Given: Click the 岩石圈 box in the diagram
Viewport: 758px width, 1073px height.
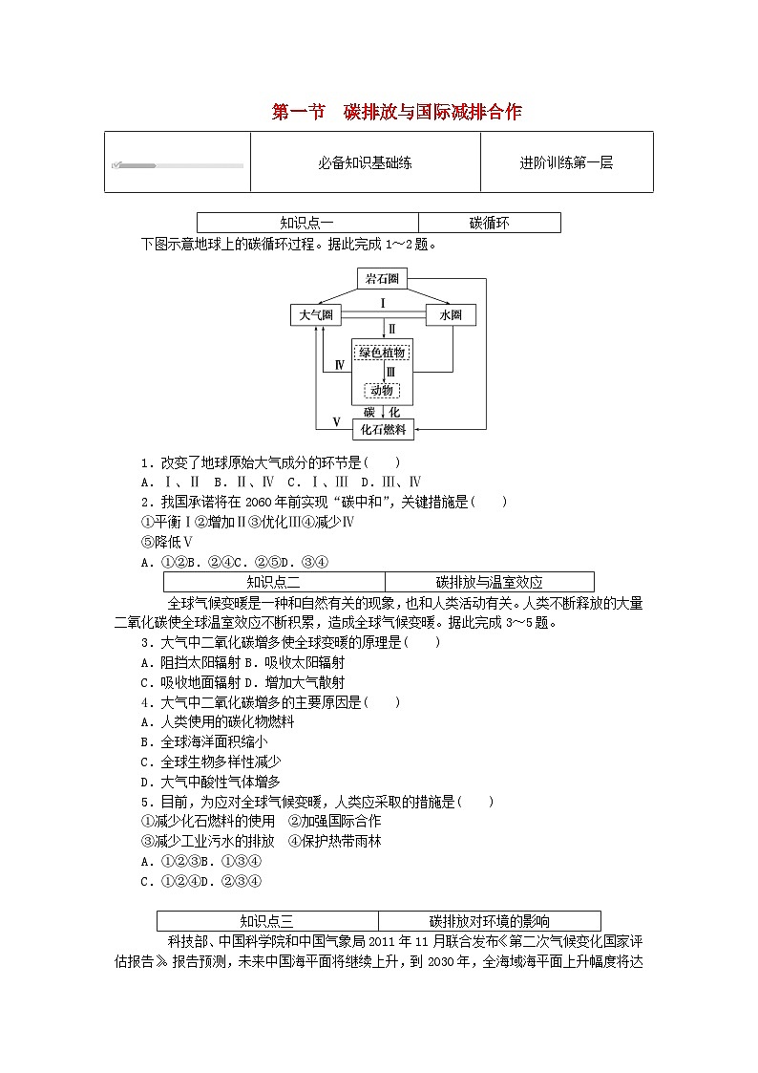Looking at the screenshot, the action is coord(382,279).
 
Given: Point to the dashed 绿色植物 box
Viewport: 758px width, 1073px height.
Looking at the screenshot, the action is coord(382,353).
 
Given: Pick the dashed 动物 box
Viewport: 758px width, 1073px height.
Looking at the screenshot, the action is coord(382,390).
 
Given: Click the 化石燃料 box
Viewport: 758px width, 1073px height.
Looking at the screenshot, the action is coord(382,430).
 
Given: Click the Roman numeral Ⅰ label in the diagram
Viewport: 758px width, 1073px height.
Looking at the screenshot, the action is coord(382,303).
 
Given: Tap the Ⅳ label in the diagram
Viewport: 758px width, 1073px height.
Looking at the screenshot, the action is coord(340,366).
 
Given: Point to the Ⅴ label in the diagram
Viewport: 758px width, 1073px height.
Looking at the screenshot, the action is coord(336,421).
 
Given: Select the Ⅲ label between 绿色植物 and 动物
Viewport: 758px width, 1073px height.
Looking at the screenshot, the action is coord(390,372).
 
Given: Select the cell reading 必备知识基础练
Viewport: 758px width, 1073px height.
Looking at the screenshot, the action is coord(365,162).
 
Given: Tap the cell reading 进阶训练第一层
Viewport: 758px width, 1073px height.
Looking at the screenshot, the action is coord(566,162).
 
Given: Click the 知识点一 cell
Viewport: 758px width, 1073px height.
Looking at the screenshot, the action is coord(306,223).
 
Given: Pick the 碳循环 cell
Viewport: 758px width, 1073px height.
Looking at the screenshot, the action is coord(489,223).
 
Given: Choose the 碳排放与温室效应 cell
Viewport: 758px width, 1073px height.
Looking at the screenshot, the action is coord(489,582).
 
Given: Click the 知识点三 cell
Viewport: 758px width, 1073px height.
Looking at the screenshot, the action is coord(267,921).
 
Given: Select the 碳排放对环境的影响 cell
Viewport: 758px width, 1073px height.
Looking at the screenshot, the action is coord(489,921).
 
